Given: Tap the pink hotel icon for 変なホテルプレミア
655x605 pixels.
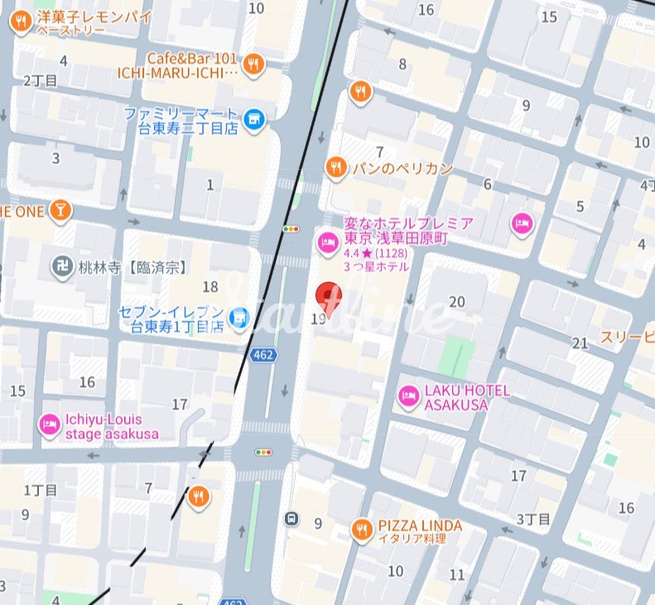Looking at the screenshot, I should coord(326,242).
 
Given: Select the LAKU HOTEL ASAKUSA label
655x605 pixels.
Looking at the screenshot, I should coord(468,398).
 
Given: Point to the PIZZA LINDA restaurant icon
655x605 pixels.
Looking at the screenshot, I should coord(361,528).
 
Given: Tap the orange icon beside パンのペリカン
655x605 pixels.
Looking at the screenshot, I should coord(335,167).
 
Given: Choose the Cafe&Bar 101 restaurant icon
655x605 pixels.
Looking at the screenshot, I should coord(254,64).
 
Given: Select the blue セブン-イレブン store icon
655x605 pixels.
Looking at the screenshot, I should coord(238,316).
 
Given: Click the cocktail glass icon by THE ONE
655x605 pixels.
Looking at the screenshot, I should coord(60,211).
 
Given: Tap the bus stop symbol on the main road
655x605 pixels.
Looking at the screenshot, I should coord(291,519).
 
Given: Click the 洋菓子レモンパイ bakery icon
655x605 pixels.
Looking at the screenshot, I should coord(21,22).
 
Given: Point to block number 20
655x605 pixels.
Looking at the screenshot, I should coord(456,302).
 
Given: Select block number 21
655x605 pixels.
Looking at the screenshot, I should coord(580,342).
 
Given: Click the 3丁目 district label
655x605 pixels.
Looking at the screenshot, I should coord(533,519).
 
